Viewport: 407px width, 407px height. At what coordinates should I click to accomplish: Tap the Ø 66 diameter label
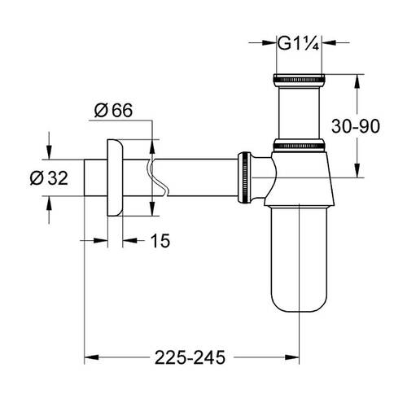pos(113,112)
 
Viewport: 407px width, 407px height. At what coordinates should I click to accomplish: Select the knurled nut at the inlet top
pos(300,80)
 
